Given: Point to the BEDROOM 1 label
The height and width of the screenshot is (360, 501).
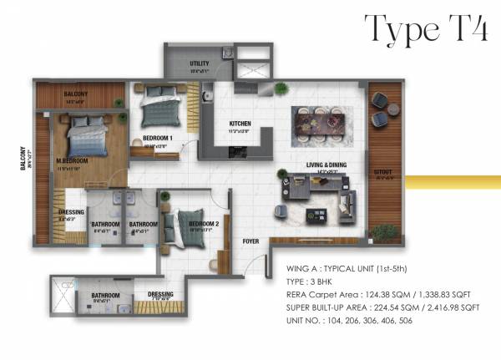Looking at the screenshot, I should click(x=158, y=138).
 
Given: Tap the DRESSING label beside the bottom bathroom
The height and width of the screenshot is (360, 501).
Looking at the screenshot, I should click(x=160, y=294).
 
